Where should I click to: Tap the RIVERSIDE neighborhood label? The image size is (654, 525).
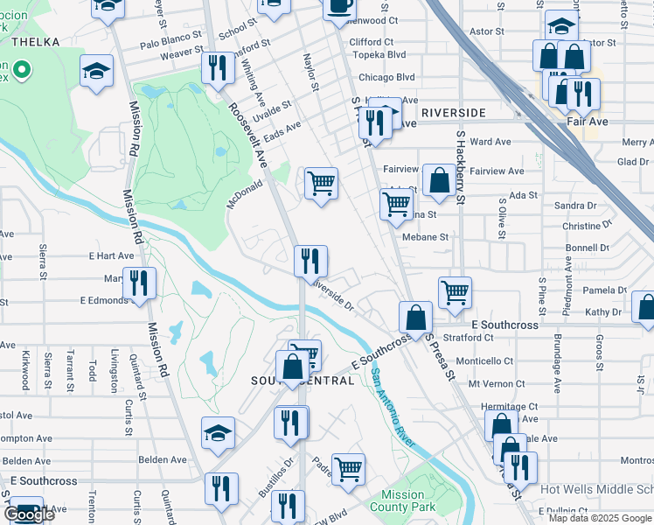point(452,114)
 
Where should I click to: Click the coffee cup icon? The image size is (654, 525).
point(338,7)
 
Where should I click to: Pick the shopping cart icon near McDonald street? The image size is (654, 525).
point(321,184)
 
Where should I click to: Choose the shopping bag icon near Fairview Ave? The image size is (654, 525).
point(438,180)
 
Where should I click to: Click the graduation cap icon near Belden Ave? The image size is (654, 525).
point(218,432)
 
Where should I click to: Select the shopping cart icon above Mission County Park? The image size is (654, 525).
point(348,468)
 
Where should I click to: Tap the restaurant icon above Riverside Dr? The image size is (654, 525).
point(310,261)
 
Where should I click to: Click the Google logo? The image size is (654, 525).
point(29,514)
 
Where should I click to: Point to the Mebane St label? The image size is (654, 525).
point(425,237)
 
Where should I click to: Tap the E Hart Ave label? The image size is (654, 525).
point(111,256)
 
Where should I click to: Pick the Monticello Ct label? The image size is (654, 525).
point(484,360)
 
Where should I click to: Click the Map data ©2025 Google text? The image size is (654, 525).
point(599,518)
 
